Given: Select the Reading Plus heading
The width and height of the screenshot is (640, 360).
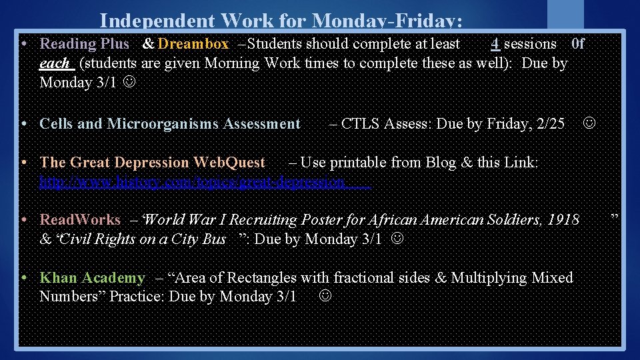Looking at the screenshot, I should (85, 44).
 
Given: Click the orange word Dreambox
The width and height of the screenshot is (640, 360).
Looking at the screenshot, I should (193, 44).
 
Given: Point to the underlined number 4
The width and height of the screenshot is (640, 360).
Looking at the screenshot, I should (495, 44).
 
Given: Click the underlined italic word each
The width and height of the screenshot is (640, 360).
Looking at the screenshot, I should (55, 63).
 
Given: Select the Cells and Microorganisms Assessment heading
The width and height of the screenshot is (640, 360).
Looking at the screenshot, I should (170, 124).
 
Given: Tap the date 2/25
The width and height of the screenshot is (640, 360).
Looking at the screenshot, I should (551, 124).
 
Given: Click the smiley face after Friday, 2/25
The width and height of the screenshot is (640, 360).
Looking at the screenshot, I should (590, 123).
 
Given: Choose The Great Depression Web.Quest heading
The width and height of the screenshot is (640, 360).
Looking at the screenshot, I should (153, 163).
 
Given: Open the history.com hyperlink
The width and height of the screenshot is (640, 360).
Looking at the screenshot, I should (205, 181).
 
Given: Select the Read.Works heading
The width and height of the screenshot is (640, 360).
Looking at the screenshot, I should (81, 220).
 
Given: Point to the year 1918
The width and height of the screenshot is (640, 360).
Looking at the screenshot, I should (563, 220).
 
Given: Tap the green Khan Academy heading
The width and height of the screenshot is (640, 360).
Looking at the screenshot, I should (92, 278).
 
